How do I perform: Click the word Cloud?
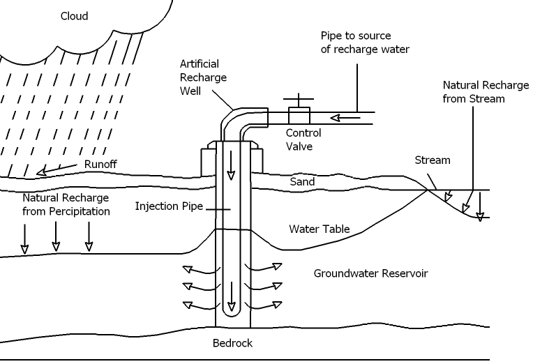point(75,16)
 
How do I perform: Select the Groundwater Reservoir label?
point(370,273)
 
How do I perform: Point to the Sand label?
point(302,182)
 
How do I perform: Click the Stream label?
point(433,160)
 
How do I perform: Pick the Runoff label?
point(100,164)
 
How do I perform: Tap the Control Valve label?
point(303,139)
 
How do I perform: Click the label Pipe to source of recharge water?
point(365,42)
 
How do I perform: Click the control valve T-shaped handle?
point(299,99)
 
